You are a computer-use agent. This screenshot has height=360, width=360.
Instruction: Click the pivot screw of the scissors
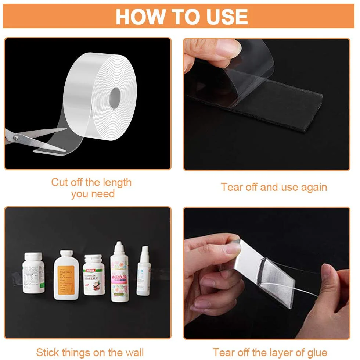pyautogui.click(x=15, y=138)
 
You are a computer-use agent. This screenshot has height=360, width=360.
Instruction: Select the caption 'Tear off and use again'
pyautogui.click(x=274, y=187)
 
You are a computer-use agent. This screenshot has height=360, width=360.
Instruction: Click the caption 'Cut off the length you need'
pyautogui.click(x=91, y=188)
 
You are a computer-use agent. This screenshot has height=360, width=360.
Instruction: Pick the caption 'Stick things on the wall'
pyautogui.click(x=90, y=353)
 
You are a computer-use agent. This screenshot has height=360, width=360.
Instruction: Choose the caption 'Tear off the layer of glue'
pyautogui.click(x=270, y=353)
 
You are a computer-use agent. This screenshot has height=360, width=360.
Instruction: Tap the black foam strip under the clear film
pyautogui.click(x=279, y=110)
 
